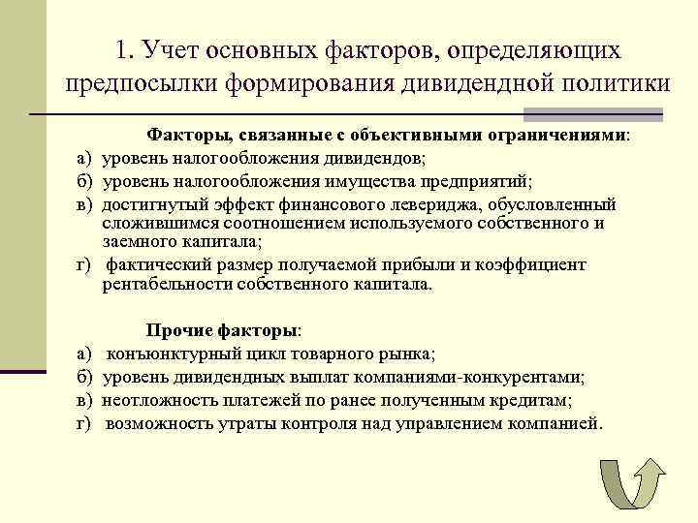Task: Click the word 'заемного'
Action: click(x=136, y=241)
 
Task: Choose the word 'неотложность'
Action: click(x=157, y=400)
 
